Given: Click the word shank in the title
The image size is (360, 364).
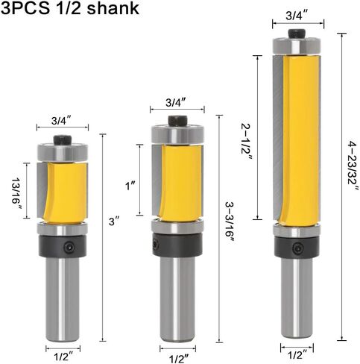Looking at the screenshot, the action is (113, 8).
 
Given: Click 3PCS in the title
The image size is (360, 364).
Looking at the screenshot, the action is (25, 8).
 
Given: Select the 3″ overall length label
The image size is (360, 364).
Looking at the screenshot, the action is (115, 221).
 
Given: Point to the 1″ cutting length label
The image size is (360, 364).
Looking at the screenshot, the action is (130, 186).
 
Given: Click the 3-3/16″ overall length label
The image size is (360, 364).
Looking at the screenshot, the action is (230, 222).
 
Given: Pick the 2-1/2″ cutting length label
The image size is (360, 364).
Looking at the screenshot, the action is (247, 142).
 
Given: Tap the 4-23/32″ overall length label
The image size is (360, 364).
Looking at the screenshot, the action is (353, 166).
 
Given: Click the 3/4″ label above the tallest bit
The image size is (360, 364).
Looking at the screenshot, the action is (297, 16).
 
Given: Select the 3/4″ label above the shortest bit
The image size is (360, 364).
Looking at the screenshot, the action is (61, 121).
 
